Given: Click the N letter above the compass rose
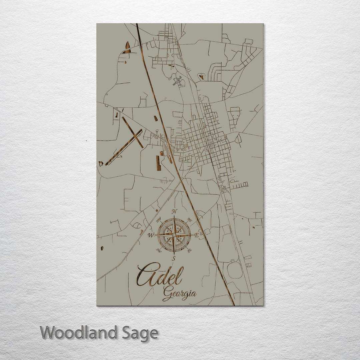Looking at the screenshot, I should tap(174, 211).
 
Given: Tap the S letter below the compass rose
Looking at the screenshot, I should tap(173, 258).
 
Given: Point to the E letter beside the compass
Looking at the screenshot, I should tap(197, 235).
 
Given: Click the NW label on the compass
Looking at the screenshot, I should tap(159, 220).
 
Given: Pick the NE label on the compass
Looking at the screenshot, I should tap(189, 220).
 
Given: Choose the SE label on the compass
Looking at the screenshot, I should tap(189, 250).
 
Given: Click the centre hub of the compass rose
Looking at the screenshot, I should tap(174, 235).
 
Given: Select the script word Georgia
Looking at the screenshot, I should tap(179, 293).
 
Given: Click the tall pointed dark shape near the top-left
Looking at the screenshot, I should tap(127, 47).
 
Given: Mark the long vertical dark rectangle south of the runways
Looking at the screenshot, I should tap(158, 163).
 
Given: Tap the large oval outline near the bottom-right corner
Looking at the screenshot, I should tap(235, 270).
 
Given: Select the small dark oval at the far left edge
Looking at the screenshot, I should tap(102, 248).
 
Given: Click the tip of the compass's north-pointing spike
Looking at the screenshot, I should tap(174, 216).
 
